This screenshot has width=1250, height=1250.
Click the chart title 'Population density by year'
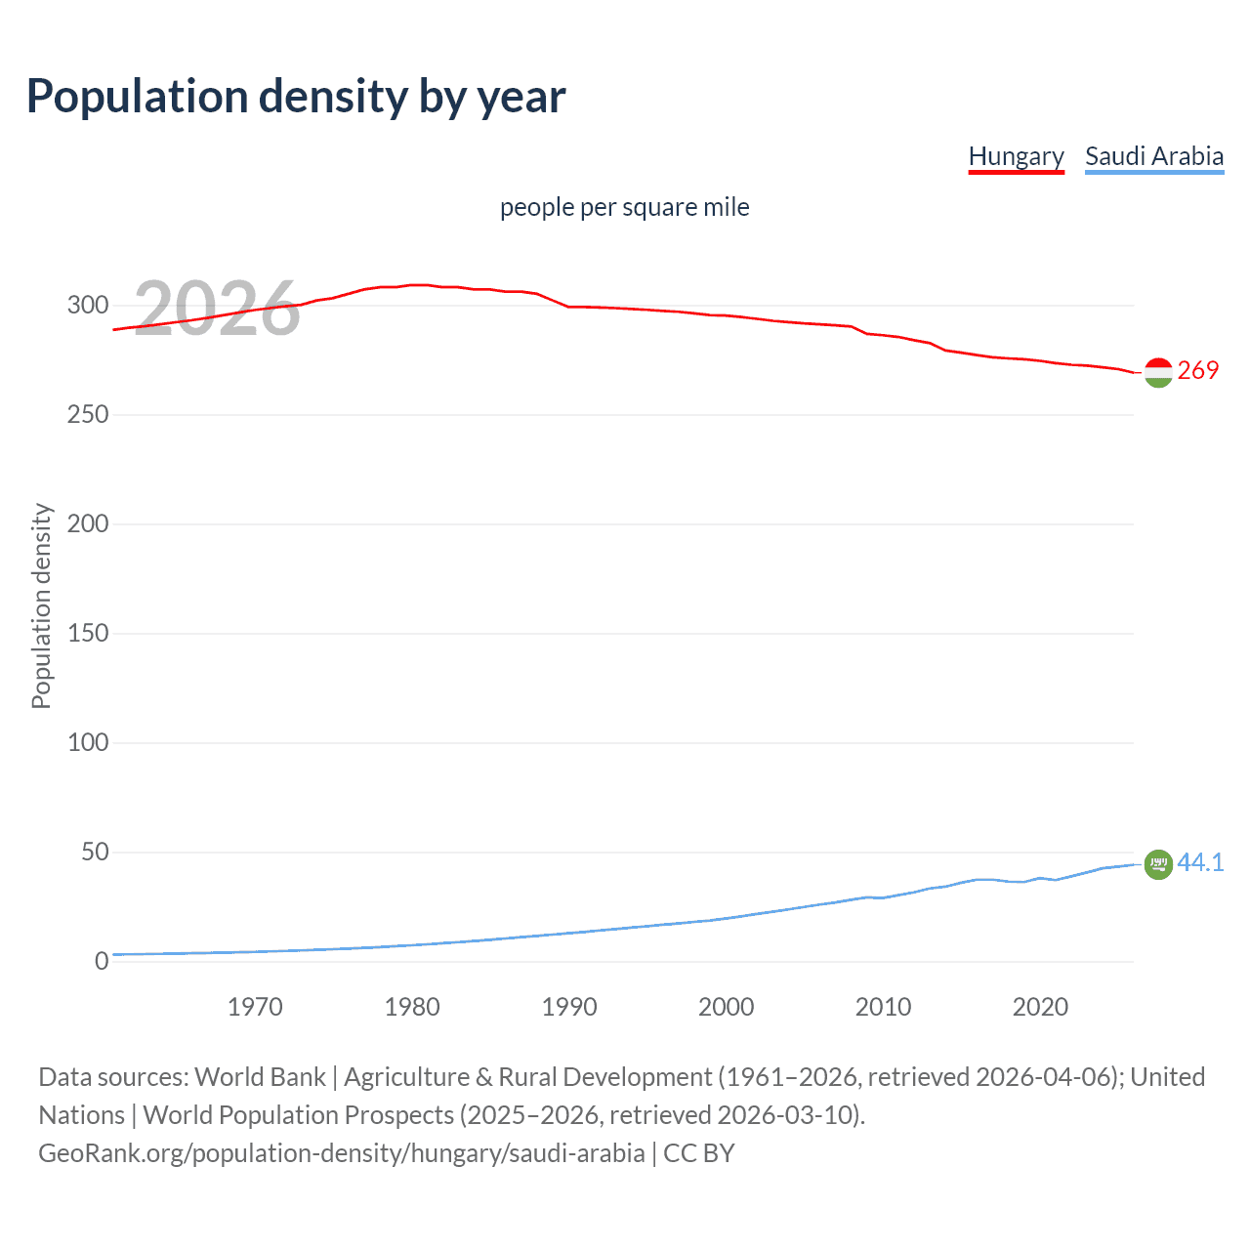click(296, 97)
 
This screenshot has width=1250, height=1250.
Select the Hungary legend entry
click(1016, 156)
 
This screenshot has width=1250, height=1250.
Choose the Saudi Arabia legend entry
click(1153, 156)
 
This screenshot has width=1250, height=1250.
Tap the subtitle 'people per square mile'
click(624, 207)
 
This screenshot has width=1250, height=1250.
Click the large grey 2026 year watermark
click(217, 309)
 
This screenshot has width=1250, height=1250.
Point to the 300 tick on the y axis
click(88, 305)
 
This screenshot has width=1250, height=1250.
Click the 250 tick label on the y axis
click(88, 414)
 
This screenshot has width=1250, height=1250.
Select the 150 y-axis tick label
click(88, 633)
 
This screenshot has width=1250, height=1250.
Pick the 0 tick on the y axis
click(102, 961)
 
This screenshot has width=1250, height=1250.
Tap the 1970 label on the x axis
click(255, 1007)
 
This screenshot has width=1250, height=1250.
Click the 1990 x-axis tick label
click(569, 1007)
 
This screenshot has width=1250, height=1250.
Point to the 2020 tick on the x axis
click(1040, 1007)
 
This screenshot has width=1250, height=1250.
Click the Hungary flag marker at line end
click(1158, 372)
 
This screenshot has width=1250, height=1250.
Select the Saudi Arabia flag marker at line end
click(1158, 864)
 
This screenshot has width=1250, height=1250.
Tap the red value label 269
click(1198, 370)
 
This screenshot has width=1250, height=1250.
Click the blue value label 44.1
click(1200, 862)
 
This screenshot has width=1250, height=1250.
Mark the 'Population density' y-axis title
click(41, 605)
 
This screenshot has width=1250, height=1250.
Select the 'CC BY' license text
click(699, 1152)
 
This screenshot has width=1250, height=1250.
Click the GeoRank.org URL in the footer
click(341, 1152)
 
